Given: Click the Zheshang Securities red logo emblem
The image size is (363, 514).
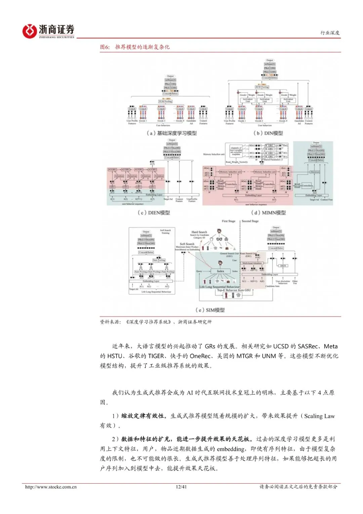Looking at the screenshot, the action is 29,31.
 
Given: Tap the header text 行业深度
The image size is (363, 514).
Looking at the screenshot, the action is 330,33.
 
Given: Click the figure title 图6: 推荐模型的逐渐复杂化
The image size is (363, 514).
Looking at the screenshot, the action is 135,47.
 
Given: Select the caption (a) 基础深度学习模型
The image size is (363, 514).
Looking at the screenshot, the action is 171,133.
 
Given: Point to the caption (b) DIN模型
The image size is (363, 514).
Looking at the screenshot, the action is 268,133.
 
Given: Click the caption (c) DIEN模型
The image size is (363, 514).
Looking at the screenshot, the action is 154,213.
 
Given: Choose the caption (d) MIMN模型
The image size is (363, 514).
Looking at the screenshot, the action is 268,213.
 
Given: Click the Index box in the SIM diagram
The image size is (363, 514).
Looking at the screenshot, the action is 220,271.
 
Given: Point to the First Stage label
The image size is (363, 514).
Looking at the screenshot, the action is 229,221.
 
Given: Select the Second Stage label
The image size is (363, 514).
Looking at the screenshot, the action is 250,221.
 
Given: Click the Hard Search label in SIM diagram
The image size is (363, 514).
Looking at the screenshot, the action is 199,232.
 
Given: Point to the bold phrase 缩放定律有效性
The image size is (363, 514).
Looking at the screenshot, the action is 144,416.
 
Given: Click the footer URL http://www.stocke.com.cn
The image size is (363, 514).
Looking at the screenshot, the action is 51,487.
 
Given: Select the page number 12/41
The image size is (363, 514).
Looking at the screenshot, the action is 181,487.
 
